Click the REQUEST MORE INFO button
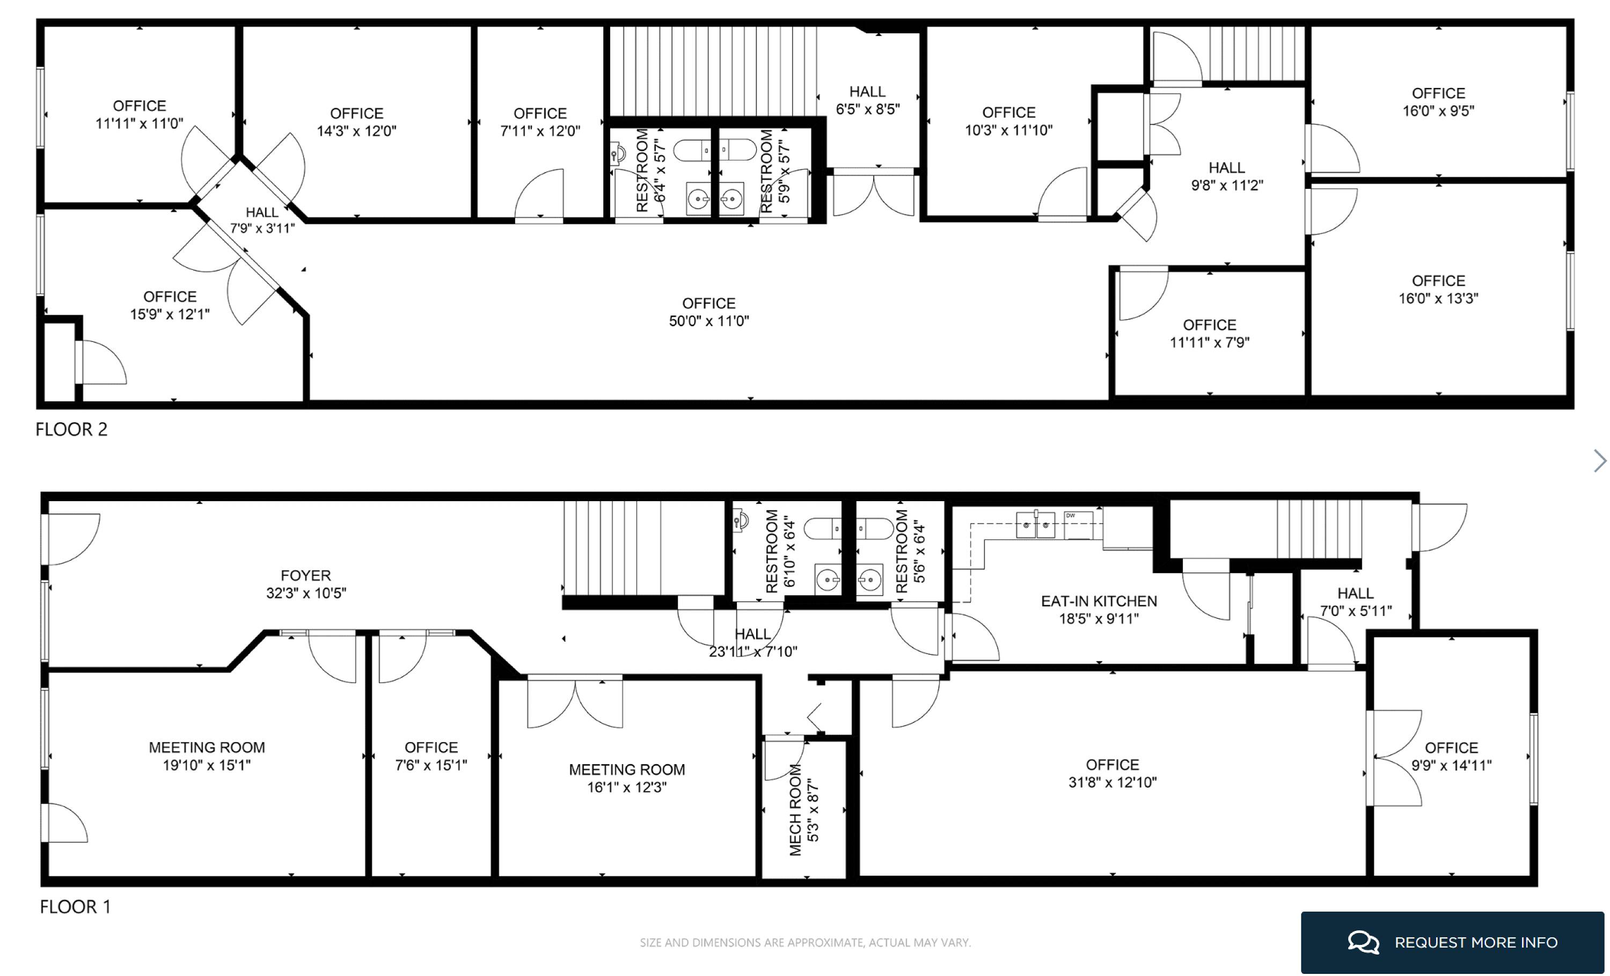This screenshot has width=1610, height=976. click(1452, 942)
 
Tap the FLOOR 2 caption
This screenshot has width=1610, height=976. click(71, 429)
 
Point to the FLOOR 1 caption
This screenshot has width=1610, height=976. click(75, 907)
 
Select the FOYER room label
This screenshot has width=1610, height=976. click(306, 576)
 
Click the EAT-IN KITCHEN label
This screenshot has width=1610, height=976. click(1099, 601)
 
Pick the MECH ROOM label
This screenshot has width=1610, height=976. click(795, 810)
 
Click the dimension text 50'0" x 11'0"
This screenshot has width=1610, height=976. click(709, 321)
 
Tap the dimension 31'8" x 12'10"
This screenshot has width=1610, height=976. click(1113, 782)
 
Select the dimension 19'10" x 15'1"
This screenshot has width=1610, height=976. click(207, 765)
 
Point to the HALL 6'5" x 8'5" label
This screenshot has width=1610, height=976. click(868, 101)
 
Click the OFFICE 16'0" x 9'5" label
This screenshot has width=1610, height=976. click(1439, 102)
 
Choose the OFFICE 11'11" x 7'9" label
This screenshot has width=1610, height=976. click(1210, 334)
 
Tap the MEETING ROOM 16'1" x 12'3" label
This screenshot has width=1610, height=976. click(627, 779)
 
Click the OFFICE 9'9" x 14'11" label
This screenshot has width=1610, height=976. click(1452, 757)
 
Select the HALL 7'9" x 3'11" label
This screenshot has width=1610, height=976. click(262, 220)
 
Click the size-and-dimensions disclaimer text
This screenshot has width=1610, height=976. click(805, 943)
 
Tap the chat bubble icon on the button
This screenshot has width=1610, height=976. click(1364, 942)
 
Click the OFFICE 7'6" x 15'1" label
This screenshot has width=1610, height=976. click(431, 757)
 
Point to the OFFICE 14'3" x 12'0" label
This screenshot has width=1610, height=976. click(357, 122)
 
